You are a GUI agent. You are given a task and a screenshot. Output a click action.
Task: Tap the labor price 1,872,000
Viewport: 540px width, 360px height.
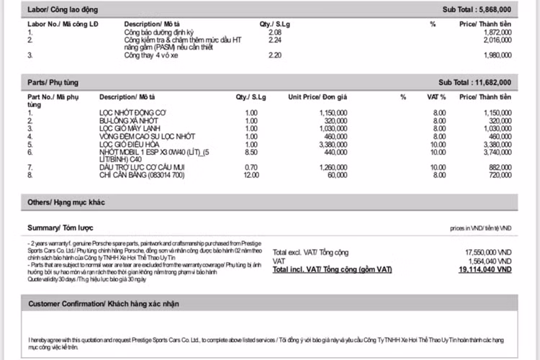[x=497, y=33]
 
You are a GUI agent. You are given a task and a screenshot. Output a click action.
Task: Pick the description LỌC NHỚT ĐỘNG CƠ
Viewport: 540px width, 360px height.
[x=132, y=113]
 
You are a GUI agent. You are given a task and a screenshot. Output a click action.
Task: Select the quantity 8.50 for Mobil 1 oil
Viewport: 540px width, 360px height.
[x=251, y=152]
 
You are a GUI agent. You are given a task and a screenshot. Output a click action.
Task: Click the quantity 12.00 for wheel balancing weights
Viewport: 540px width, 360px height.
[x=251, y=175]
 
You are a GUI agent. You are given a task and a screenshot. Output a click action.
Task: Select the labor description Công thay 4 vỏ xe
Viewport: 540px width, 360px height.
[x=153, y=55]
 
